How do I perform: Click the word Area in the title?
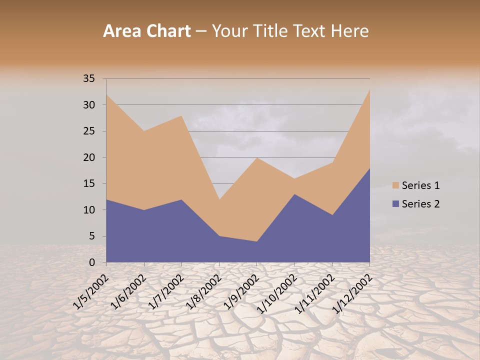pyautogui.click(x=123, y=31)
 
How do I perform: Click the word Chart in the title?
pyautogui.click(x=168, y=31)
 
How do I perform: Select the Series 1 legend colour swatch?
pyautogui.click(x=395, y=185)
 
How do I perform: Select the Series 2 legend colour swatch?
pyautogui.click(x=395, y=203)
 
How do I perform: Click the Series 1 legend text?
pyautogui.click(x=420, y=185)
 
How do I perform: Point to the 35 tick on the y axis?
pyautogui.click(x=89, y=78)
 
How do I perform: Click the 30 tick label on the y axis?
pyautogui.click(x=89, y=105)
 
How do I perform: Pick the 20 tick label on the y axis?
pyautogui.click(x=89, y=157)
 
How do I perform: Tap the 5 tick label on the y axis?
pyautogui.click(x=92, y=236)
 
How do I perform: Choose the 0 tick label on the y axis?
pyautogui.click(x=92, y=262)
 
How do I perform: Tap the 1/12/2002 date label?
pyautogui.click(x=353, y=292)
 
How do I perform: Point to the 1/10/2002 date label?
pyautogui.click(x=278, y=292)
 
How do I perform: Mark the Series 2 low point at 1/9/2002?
pyautogui.click(x=257, y=241)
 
